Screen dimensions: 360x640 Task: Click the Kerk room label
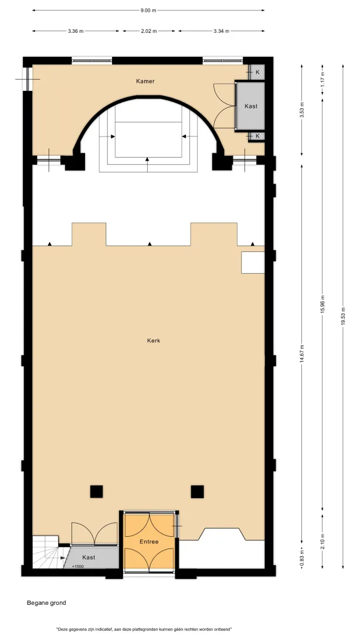point(154,341)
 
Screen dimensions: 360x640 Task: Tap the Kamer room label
point(145,81)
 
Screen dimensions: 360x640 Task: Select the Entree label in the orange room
point(149,542)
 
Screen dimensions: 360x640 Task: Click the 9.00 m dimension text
point(148,10)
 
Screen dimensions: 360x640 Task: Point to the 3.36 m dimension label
point(76,31)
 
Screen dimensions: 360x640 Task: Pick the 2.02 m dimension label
point(149,31)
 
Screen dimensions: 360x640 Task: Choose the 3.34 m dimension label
point(221,31)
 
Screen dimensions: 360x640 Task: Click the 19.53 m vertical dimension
point(343,316)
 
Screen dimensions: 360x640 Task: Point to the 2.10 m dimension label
point(322,542)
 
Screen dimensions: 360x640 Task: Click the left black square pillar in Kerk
point(97,491)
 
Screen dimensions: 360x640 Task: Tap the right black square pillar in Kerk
point(197,491)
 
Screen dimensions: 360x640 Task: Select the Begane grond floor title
point(46,602)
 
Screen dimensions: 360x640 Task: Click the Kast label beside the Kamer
point(251,106)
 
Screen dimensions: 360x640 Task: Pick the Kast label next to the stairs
point(89,557)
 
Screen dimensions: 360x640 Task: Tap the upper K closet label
point(257,72)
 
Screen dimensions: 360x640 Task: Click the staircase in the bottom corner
point(46,552)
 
